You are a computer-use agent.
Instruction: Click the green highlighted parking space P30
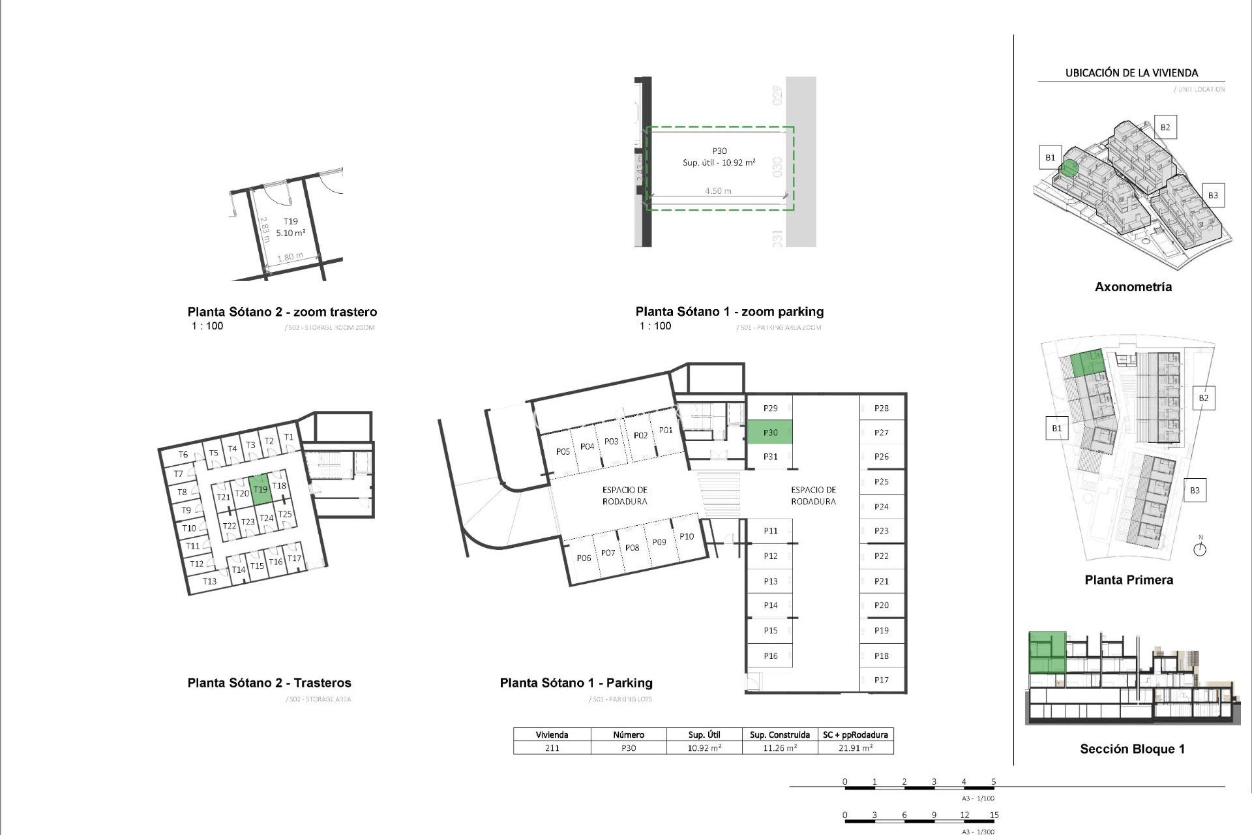click(x=769, y=433)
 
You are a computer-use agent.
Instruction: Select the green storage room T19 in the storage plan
click(x=260, y=489)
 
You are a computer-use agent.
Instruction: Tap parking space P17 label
click(x=881, y=680)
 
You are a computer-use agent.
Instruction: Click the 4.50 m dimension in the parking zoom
click(x=718, y=191)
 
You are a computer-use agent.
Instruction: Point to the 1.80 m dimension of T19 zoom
click(x=290, y=257)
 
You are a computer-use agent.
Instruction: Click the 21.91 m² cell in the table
click(x=856, y=748)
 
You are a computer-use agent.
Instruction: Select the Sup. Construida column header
click(x=780, y=735)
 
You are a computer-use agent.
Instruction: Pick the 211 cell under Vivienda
click(x=552, y=748)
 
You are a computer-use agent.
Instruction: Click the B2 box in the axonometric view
click(x=1165, y=127)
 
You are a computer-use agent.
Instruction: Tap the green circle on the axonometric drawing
click(x=1069, y=168)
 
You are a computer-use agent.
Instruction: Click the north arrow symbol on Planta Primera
click(x=1200, y=549)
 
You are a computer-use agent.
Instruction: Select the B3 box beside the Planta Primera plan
click(x=1195, y=491)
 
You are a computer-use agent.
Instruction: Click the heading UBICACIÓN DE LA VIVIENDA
click(x=1131, y=73)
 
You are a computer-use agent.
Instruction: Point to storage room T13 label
click(x=209, y=581)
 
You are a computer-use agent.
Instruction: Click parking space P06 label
click(x=584, y=558)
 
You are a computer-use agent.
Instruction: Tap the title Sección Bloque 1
click(x=1132, y=749)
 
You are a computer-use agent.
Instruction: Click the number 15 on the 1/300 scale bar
click(x=994, y=815)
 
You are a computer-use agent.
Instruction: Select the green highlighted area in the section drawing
click(x=1047, y=652)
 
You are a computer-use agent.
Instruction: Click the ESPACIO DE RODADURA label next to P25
click(x=813, y=496)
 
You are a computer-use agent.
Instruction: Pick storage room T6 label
click(x=183, y=455)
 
